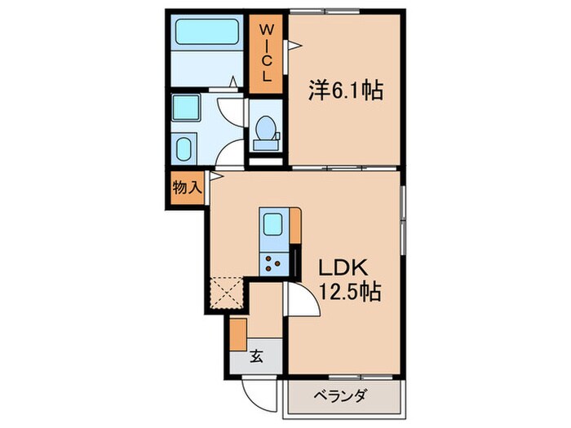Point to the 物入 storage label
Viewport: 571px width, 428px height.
186,188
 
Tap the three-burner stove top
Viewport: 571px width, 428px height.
272,263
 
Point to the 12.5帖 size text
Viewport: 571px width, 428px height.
349,292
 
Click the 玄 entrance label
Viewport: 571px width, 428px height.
255,355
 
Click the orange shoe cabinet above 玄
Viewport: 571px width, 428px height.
237,333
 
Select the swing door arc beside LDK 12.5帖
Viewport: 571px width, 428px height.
299,306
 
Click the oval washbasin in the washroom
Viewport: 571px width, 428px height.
185,150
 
